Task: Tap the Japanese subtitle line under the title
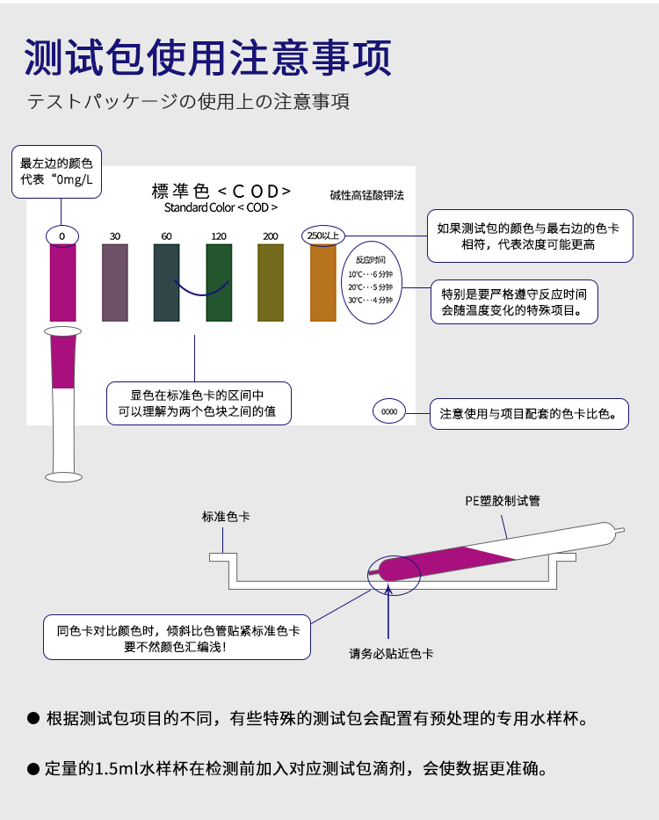click(189, 102)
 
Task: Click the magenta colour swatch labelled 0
click(62, 282)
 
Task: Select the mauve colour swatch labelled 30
click(115, 282)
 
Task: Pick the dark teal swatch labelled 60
click(166, 282)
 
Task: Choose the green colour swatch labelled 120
click(219, 282)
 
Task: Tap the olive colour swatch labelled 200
click(270, 282)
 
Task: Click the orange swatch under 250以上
click(322, 282)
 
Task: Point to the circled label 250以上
click(322, 236)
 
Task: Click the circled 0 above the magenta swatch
click(62, 236)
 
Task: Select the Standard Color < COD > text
click(221, 208)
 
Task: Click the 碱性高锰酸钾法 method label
click(367, 194)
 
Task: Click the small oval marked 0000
click(389, 411)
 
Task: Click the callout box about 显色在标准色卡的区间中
click(198, 403)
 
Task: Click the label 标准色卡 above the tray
click(226, 517)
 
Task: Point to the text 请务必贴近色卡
click(391, 654)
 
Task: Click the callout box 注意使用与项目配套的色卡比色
click(529, 412)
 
